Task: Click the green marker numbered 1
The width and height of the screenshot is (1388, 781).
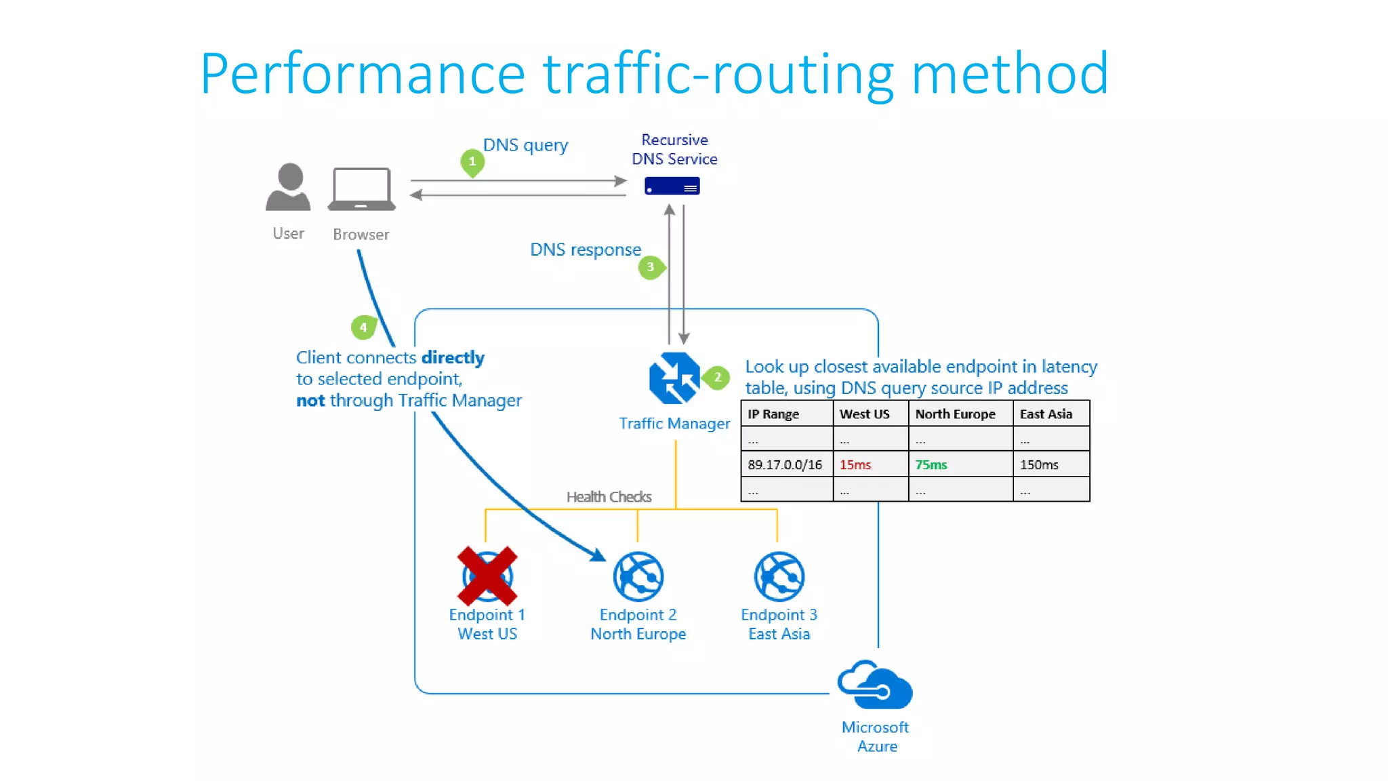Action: click(472, 162)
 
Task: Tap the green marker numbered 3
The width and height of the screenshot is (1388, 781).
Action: click(651, 267)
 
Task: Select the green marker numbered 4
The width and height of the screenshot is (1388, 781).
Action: click(363, 327)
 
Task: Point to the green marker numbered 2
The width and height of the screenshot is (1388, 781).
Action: click(717, 378)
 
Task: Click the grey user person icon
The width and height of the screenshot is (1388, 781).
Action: click(289, 187)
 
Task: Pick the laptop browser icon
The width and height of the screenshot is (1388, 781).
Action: click(361, 189)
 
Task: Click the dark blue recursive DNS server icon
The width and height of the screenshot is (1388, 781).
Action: click(672, 186)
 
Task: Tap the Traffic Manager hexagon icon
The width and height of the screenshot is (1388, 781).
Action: click(674, 378)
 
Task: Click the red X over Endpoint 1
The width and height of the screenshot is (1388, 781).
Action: click(487, 576)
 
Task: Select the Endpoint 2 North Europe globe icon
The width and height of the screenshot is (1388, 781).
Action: click(638, 576)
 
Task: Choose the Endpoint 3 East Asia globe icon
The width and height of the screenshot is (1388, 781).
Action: click(779, 576)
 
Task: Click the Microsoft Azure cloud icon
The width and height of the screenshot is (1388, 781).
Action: click(875, 685)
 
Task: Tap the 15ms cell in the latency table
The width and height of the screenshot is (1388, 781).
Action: click(855, 465)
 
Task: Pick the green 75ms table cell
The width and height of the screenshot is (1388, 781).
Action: click(931, 465)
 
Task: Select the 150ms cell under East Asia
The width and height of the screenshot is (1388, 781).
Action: click(1039, 465)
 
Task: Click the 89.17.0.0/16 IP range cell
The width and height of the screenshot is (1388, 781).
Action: click(785, 465)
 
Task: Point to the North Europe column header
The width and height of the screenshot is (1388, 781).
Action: click(955, 414)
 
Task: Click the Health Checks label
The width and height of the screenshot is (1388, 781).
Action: click(609, 497)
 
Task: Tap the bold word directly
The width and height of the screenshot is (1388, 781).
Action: click(453, 357)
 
